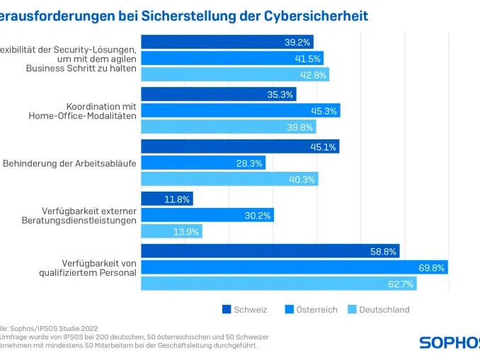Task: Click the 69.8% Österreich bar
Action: pyautogui.click(x=295, y=267)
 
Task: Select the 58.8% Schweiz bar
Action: pyautogui.click(x=270, y=251)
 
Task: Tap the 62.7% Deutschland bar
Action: pyautogui.click(x=279, y=284)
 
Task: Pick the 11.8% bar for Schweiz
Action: pyautogui.click(x=167, y=199)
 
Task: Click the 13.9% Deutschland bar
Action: pyautogui.click(x=172, y=231)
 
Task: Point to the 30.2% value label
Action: pyautogui.click(x=258, y=216)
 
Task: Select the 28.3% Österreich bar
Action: pyautogui.click(x=203, y=163)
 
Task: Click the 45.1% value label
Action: pyautogui.click(x=324, y=147)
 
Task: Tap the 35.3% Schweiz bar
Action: pyautogui.click(x=219, y=95)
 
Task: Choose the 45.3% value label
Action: pyautogui.click(x=324, y=110)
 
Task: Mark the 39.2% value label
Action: pyautogui.click(x=297, y=42)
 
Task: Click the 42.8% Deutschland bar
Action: pyautogui.click(x=235, y=74)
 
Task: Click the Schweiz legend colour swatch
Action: pyautogui.click(x=227, y=309)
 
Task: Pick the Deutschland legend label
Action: pyautogui.click(x=384, y=309)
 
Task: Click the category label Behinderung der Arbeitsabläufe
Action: pyautogui.click(x=69, y=163)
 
